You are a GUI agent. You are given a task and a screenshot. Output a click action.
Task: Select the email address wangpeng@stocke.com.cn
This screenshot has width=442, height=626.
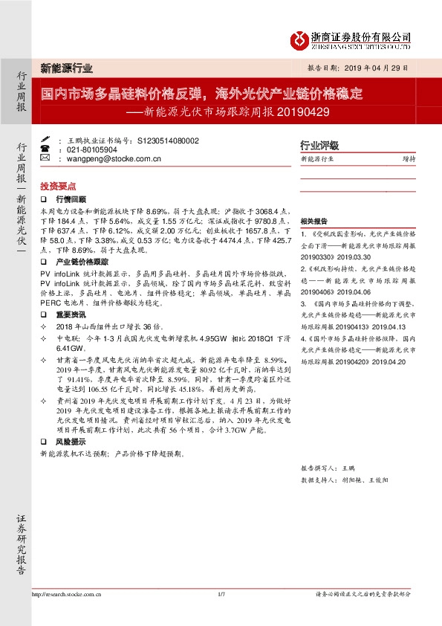click(x=114, y=158)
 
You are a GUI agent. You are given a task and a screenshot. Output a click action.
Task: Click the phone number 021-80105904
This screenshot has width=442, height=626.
click(x=92, y=149)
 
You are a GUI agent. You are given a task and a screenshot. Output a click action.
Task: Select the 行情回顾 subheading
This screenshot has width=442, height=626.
click(x=71, y=200)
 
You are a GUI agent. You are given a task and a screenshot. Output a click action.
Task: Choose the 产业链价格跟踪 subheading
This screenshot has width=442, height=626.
click(x=82, y=262)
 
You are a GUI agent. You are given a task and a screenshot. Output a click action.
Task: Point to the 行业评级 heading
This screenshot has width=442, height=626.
click(x=319, y=145)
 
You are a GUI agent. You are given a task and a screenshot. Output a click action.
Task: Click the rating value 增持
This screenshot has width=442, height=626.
click(x=409, y=158)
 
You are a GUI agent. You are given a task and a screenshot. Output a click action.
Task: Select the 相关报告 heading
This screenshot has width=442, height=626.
click(x=313, y=222)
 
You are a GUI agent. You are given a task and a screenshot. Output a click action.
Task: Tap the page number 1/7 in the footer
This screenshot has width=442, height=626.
click(x=221, y=593)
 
